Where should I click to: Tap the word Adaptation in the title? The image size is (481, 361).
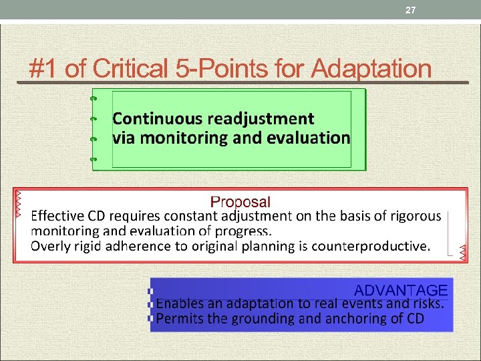point(371,68)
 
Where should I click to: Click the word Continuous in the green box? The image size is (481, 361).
point(158,119)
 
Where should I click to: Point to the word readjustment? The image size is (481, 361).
point(261,119)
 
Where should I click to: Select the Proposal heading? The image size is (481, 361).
point(240,202)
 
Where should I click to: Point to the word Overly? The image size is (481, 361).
point(48,246)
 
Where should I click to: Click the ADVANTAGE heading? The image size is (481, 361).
point(400,290)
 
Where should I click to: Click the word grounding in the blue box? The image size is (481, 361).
point(265,319)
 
